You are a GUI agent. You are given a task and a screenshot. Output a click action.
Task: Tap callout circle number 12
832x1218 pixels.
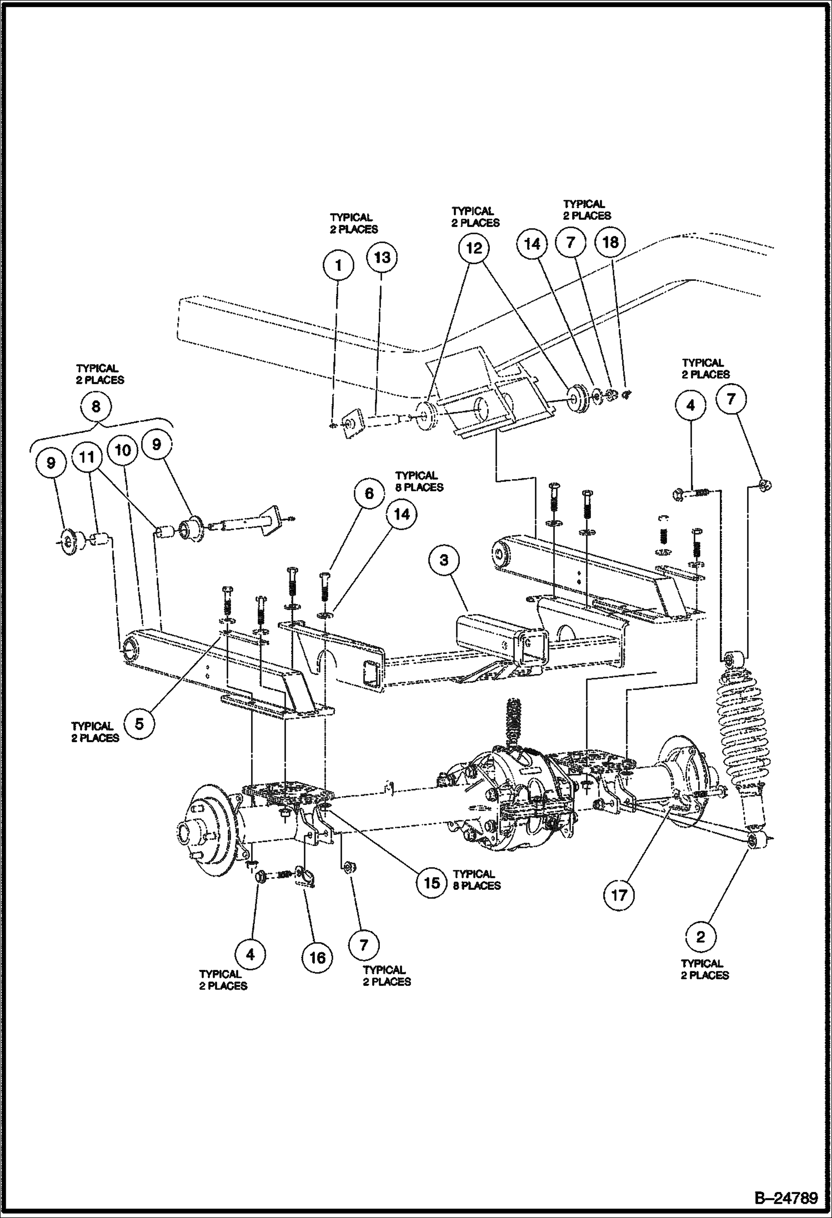[474, 248]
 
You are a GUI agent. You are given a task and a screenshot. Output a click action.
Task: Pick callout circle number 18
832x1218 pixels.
[610, 241]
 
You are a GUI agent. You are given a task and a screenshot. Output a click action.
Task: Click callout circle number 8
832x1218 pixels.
[96, 406]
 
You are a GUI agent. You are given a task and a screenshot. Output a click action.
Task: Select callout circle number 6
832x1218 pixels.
[369, 493]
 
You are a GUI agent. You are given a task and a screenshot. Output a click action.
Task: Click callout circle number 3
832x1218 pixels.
[443, 560]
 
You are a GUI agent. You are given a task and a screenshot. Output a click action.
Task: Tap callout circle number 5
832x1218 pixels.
[139, 723]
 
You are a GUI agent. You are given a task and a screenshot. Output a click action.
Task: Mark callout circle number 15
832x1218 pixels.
[432, 882]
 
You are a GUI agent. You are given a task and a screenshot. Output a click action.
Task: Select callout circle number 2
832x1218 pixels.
[700, 937]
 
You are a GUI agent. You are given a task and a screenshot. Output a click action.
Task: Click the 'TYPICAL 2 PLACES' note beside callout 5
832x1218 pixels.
[95, 732]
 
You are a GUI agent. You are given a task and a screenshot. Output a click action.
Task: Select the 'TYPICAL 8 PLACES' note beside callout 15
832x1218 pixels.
[477, 880]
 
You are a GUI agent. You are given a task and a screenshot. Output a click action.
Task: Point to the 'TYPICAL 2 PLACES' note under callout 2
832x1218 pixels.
[705, 969]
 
